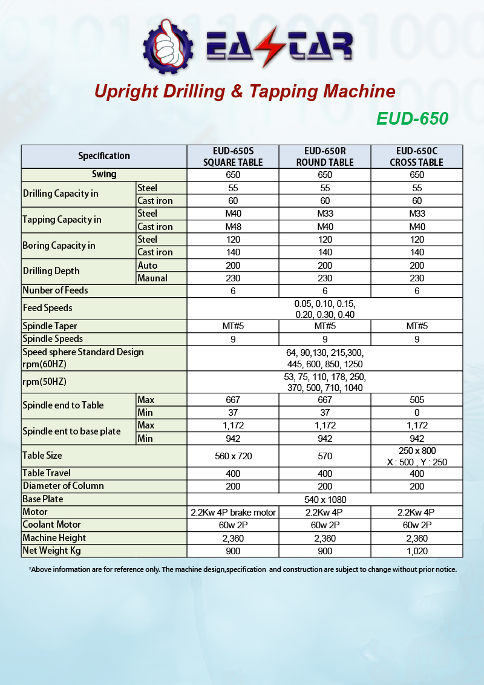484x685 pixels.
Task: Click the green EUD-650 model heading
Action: point(412,118)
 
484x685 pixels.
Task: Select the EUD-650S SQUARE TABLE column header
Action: point(233,156)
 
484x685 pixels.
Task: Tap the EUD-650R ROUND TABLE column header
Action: point(325,156)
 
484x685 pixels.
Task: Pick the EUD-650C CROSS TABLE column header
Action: point(416,156)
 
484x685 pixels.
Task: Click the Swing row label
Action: point(104,174)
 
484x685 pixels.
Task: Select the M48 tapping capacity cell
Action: point(233,227)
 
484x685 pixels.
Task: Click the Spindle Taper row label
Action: point(50,326)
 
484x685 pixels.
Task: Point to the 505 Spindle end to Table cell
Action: point(416,400)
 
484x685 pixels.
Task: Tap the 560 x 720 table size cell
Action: point(233,456)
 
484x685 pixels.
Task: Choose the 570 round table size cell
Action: point(325,456)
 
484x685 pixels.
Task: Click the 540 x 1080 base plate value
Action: point(325,500)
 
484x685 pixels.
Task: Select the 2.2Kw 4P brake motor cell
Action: point(233,513)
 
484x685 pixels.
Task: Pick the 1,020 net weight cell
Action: point(416,551)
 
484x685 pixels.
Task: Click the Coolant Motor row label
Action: point(51,525)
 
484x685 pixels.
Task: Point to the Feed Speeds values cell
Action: point(325,309)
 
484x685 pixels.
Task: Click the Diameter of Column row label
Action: point(63,486)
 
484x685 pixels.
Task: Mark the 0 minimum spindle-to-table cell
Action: point(416,413)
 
